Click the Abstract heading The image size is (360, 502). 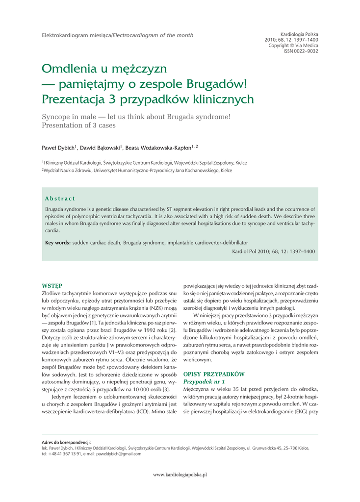[x=59, y=198]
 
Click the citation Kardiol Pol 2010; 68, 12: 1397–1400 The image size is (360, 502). [x=273, y=251]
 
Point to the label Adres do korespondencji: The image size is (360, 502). [x=66, y=443]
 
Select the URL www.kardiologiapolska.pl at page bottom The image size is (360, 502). [x=180, y=475]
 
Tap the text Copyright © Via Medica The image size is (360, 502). [x=293, y=45]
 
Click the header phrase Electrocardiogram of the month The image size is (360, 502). [x=154, y=35]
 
